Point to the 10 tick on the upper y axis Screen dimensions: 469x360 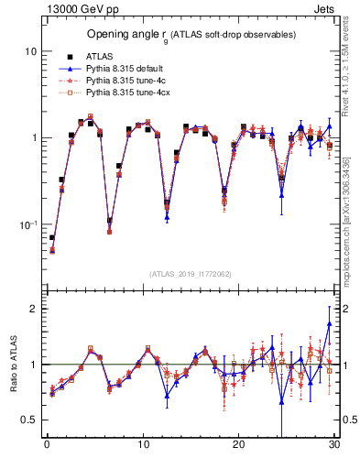pos(30,52)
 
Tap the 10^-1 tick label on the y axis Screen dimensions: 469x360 pos(28,224)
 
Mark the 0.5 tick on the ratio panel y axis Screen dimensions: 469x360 pos(29,420)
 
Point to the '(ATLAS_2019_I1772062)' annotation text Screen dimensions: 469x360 pos(191,274)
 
